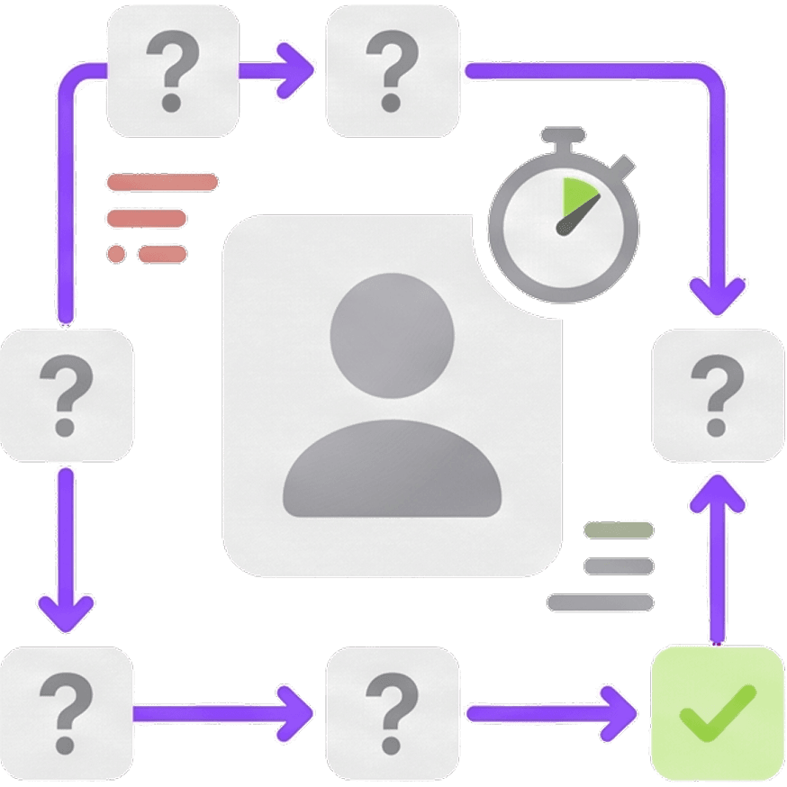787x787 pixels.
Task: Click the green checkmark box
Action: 717,712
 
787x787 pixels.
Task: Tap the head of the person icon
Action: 392,332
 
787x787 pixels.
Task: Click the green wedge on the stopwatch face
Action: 574,198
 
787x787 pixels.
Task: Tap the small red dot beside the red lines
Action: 116,253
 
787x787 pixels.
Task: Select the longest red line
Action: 162,183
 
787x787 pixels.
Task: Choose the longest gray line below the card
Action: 600,602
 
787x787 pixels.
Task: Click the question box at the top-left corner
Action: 173,70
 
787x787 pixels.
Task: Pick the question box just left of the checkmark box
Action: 392,712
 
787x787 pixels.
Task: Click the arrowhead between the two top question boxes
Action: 294,70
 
